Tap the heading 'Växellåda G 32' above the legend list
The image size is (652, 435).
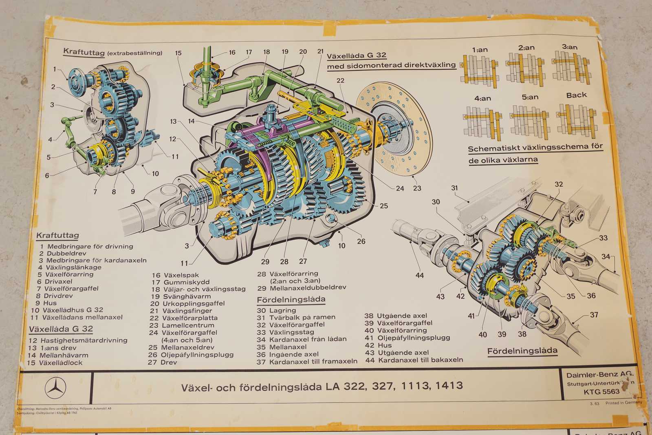click(61, 329)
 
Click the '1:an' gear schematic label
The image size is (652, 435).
click(480, 50)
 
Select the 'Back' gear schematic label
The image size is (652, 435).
click(576, 95)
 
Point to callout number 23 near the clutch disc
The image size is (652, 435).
click(417, 188)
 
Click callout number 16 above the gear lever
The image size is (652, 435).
click(232, 52)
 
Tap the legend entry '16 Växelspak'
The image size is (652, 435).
click(175, 275)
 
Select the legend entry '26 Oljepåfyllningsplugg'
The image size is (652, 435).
click(191, 355)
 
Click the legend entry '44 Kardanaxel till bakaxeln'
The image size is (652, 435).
click(414, 360)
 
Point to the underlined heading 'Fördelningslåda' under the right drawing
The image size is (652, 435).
click(522, 351)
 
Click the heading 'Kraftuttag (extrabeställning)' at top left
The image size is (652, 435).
click(112, 52)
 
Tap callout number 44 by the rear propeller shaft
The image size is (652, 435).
click(419, 275)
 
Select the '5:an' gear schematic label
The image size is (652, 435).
click(530, 97)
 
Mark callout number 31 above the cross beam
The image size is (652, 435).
click(454, 188)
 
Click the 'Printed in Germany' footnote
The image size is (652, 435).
click(623, 403)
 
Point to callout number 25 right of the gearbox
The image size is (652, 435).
click(383, 206)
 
